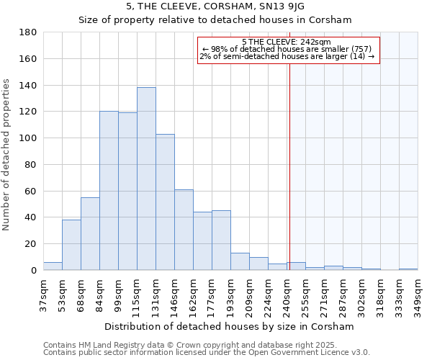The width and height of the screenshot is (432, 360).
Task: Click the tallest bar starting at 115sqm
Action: pos(146,179)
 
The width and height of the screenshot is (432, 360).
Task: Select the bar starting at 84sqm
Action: pos(109,191)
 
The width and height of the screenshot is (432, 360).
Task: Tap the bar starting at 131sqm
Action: pos(165,202)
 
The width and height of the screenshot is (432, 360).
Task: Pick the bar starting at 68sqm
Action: pos(90,234)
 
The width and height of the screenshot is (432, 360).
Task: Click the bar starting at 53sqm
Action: pos(71,245)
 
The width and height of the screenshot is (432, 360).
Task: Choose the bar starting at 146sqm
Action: pos(184,230)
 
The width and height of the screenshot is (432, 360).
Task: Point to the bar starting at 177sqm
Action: pos(221,240)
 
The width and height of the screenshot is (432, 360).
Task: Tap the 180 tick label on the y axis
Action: pos(29,32)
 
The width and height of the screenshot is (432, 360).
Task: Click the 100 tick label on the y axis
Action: pos(29,138)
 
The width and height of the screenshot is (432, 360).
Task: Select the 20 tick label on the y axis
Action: pos(31,244)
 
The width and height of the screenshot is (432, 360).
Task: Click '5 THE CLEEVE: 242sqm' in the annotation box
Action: pos(287,42)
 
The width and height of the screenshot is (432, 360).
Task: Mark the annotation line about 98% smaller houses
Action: pos(287,49)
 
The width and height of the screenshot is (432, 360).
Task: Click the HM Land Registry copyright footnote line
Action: pos(205,346)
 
